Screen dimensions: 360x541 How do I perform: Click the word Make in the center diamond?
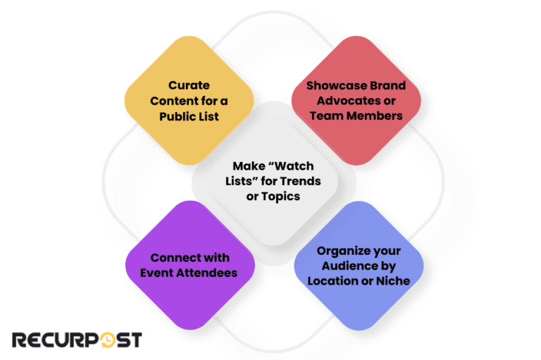[248, 167]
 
